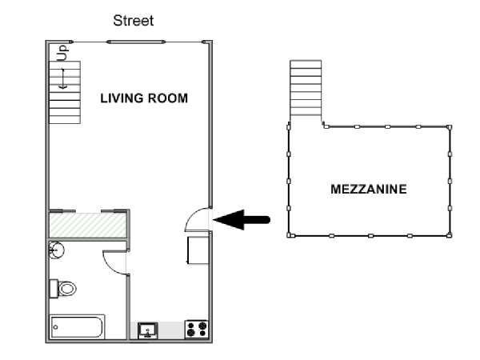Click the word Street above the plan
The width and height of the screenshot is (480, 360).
133,21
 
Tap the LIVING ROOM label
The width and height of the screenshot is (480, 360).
144,98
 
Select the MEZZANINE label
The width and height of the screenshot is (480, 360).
369,189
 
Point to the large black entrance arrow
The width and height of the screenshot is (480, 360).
242,219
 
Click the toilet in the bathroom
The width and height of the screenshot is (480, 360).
63,288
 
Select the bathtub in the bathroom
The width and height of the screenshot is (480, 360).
77,326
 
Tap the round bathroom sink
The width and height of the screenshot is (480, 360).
57,250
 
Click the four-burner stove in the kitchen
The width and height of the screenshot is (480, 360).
197,330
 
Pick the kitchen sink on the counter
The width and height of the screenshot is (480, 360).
148,330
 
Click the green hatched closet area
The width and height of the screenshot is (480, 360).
88,225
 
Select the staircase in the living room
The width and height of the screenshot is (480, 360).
65,93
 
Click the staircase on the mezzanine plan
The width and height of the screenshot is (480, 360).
306,88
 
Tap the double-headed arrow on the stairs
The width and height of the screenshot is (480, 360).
63,78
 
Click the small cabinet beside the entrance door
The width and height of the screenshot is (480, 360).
198,250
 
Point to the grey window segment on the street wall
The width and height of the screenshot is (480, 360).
136,42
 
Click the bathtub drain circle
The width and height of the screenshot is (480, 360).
55,327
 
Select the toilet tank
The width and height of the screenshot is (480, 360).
54,288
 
